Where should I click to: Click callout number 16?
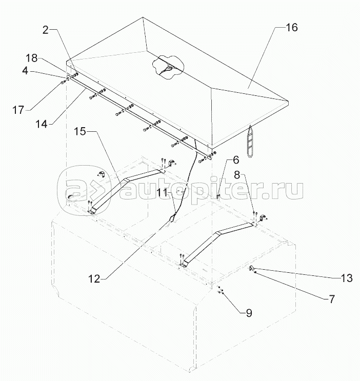(x=291, y=28)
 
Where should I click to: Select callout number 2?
(x=46, y=30)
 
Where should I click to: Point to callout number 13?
(x=347, y=278)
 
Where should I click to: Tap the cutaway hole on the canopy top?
(x=167, y=66)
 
